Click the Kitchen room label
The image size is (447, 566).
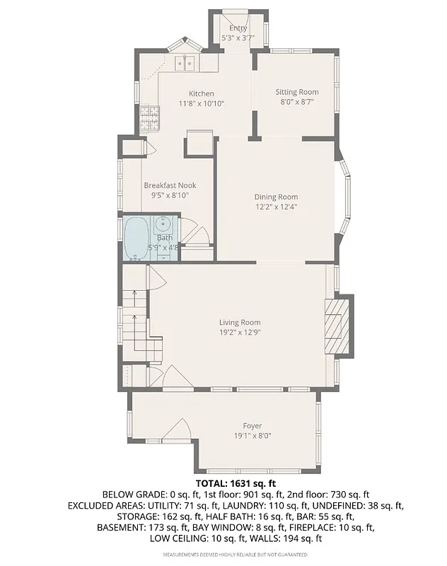pyautogui.click(x=201, y=93)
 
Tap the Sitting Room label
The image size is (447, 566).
pyautogui.click(x=297, y=92)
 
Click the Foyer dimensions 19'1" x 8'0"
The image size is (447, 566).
pyautogui.click(x=252, y=436)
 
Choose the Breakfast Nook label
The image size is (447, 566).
pyautogui.click(x=170, y=185)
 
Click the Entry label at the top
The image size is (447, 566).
pyautogui.click(x=238, y=28)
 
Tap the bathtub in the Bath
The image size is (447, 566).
pyautogui.click(x=136, y=238)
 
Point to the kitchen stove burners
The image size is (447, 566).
pyautogui.click(x=149, y=120)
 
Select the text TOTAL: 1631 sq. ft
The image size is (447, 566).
pyautogui.click(x=223, y=483)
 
